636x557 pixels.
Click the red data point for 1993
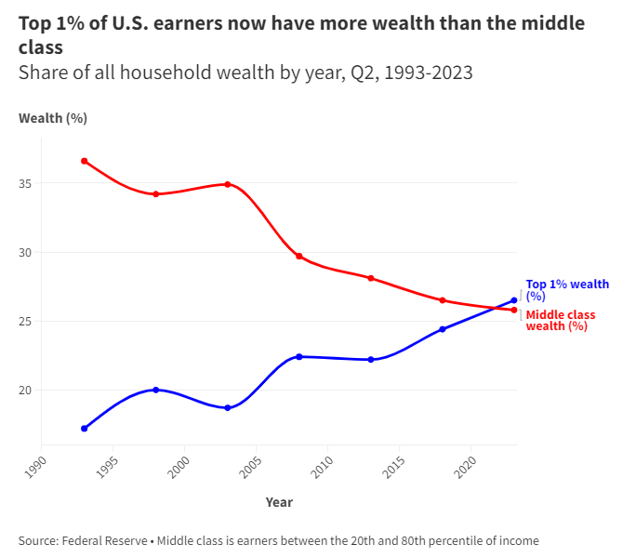pyautogui.click(x=85, y=161)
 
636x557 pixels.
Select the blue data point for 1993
pyautogui.click(x=85, y=429)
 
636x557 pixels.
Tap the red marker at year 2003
pyautogui.click(x=228, y=184)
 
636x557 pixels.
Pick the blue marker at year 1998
pyautogui.click(x=156, y=390)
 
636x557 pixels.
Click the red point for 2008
pyautogui.click(x=299, y=256)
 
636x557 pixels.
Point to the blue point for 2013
pyautogui.click(x=371, y=359)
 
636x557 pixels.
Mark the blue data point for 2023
pyautogui.click(x=514, y=300)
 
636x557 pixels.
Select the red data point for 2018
pyautogui.click(x=443, y=300)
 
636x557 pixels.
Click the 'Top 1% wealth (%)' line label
pyautogui.click(x=567, y=290)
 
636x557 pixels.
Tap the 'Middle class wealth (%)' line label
pyautogui.click(x=561, y=321)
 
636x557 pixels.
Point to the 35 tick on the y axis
pyautogui.click(x=25, y=184)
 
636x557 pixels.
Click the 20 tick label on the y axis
pyautogui.click(x=25, y=391)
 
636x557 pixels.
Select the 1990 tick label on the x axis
pyautogui.click(x=35, y=462)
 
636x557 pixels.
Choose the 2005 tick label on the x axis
pyautogui.click(x=250, y=462)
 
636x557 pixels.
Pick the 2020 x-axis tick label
pyautogui.click(x=465, y=462)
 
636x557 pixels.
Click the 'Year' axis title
pyautogui.click(x=279, y=502)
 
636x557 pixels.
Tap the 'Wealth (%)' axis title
pyautogui.click(x=52, y=118)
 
